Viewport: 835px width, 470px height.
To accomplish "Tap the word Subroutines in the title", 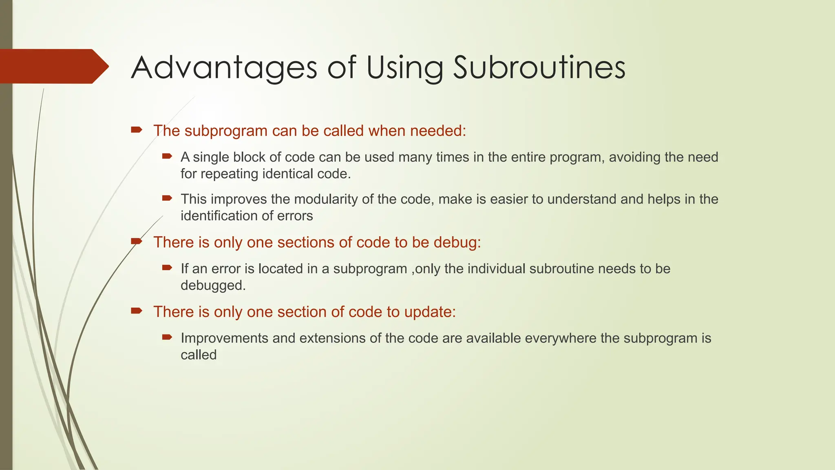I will [539, 68].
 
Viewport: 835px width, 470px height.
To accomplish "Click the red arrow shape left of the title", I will [53, 66].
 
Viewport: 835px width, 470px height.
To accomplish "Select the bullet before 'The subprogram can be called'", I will [136, 130].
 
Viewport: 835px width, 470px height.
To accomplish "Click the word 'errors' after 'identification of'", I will [295, 216].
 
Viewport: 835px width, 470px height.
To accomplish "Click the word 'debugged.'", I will [213, 286].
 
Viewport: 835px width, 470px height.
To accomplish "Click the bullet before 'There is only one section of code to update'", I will [136, 311].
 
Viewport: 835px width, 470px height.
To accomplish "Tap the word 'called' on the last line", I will [198, 355].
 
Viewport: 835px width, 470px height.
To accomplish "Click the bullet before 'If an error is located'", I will [167, 268].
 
